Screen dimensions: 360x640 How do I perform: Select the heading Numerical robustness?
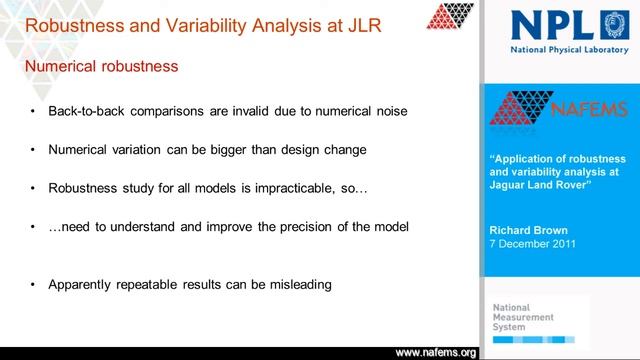click(x=101, y=66)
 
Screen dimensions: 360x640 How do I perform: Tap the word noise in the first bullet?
click(x=388, y=111)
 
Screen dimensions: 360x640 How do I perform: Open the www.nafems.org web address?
click(x=436, y=353)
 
